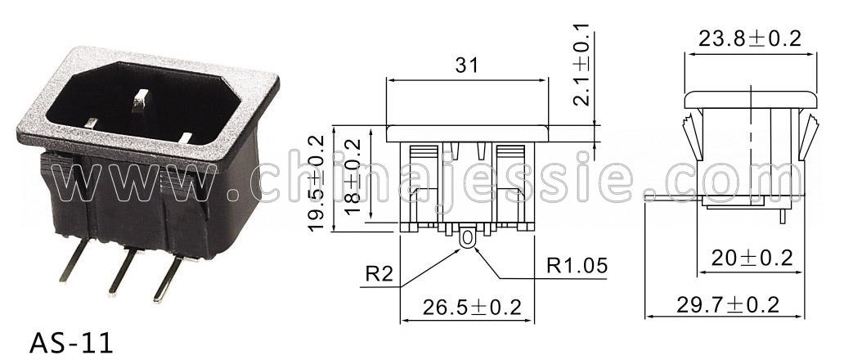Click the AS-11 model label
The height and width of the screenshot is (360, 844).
click(71, 343)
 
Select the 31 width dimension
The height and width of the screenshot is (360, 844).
click(467, 65)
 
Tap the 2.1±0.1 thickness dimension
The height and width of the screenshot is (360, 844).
click(581, 64)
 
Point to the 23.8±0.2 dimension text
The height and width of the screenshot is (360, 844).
click(750, 38)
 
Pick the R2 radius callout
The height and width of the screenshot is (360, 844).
click(379, 275)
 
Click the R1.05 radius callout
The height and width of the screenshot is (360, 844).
click(577, 265)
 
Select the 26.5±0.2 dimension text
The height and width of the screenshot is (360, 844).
click(472, 308)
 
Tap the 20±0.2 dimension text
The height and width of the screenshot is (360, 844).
click(752, 259)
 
